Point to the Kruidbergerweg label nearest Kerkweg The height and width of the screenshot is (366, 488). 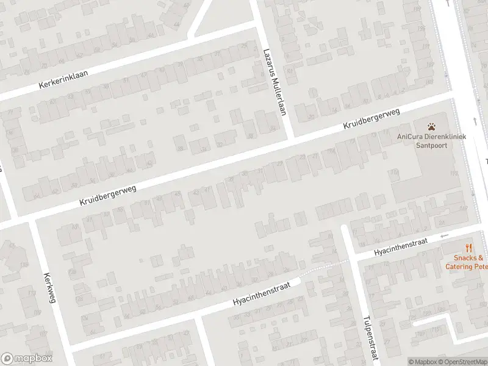(x=107, y=196)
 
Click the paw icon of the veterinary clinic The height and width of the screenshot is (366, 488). (x=432, y=127)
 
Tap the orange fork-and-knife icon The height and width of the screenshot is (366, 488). (x=468, y=248)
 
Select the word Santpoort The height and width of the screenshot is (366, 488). (x=432, y=146)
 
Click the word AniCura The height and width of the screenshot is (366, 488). (x=409, y=137)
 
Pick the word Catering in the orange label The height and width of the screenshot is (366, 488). (x=459, y=267)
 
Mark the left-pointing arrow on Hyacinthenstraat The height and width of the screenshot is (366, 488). (x=445, y=235)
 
